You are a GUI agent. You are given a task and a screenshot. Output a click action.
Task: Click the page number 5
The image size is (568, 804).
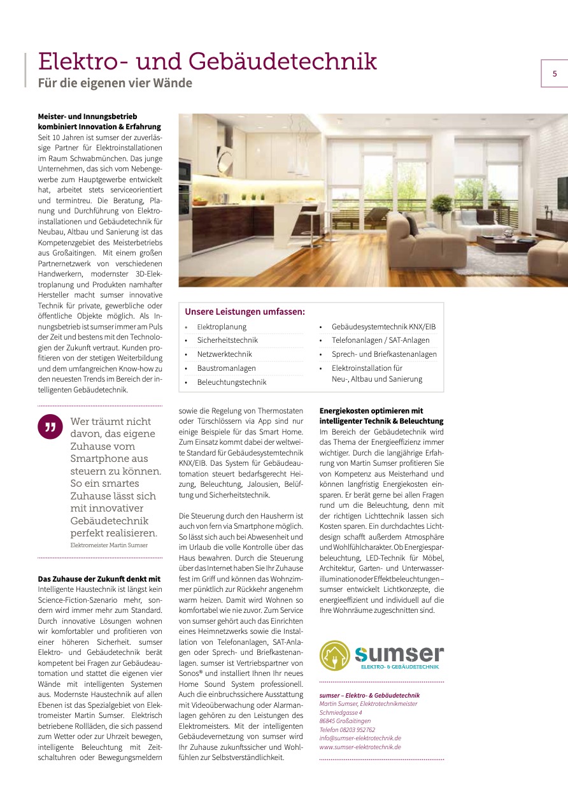tap(554, 74)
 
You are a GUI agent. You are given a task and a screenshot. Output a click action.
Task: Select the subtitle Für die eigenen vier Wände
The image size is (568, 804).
tap(115, 83)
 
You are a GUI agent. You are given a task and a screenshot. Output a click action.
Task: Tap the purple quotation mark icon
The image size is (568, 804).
tap(50, 426)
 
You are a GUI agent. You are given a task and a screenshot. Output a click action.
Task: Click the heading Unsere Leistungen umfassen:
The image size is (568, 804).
tap(245, 312)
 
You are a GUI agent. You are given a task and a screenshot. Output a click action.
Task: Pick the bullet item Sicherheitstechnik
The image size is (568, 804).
tap(227, 340)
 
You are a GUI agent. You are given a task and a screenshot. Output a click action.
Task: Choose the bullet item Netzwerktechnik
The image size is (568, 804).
tap(224, 354)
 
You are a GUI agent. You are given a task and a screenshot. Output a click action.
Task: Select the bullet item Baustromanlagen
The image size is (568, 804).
tap(226, 368)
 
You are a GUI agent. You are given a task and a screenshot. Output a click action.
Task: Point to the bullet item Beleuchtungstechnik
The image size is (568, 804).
tap(231, 382)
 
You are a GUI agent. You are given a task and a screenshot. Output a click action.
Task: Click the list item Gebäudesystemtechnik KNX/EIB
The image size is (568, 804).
tap(383, 327)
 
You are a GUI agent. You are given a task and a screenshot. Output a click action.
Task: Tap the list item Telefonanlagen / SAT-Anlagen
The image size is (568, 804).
tap(380, 340)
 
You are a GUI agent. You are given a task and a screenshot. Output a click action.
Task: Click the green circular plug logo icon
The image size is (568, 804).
tap(335, 656)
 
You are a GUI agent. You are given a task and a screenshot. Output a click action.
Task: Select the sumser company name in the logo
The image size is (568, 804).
tap(399, 653)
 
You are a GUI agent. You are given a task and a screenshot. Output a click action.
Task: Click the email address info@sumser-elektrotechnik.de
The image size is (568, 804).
tap(360, 738)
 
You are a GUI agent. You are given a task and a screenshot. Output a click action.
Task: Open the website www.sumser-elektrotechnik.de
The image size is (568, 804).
tap(360, 747)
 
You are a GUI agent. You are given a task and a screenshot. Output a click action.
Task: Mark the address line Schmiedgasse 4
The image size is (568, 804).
tap(341, 712)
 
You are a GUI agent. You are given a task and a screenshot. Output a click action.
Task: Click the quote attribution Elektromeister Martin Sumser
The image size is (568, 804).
tap(108, 545)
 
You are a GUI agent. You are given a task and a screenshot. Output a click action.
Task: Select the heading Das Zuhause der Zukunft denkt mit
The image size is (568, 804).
tap(99, 579)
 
